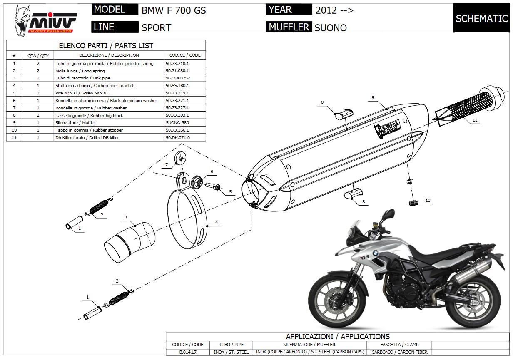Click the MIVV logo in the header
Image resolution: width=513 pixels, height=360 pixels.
click(46, 20)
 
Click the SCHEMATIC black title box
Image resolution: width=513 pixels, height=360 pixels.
click(481, 18)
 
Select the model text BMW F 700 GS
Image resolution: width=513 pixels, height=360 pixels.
click(174, 10)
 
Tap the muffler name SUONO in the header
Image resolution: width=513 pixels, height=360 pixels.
click(331, 28)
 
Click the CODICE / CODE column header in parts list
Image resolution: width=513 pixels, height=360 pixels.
click(185, 55)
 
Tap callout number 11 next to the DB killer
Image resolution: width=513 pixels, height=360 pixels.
click(475, 120)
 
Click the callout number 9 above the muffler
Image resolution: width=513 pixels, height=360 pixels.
click(373, 97)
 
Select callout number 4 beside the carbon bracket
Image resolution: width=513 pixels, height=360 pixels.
click(217, 223)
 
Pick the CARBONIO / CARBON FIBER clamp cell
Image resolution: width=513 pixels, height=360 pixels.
click(399, 352)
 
